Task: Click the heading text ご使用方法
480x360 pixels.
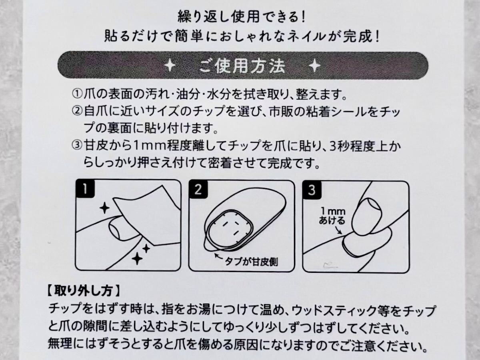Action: pos(242,66)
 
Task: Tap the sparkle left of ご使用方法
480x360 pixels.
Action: pos(170,66)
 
